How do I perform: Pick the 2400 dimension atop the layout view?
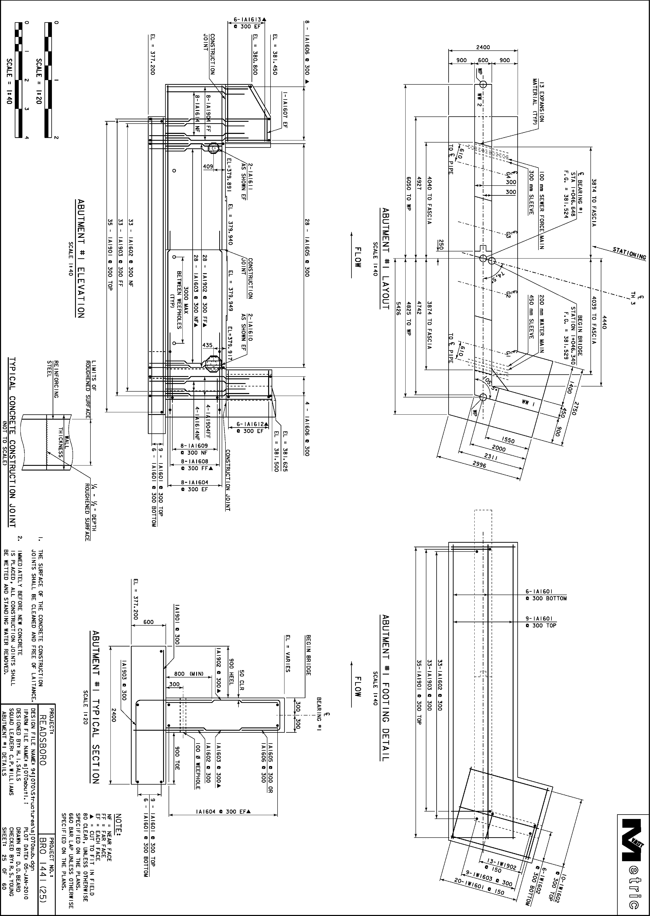point(483,47)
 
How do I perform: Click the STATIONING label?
point(629,253)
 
